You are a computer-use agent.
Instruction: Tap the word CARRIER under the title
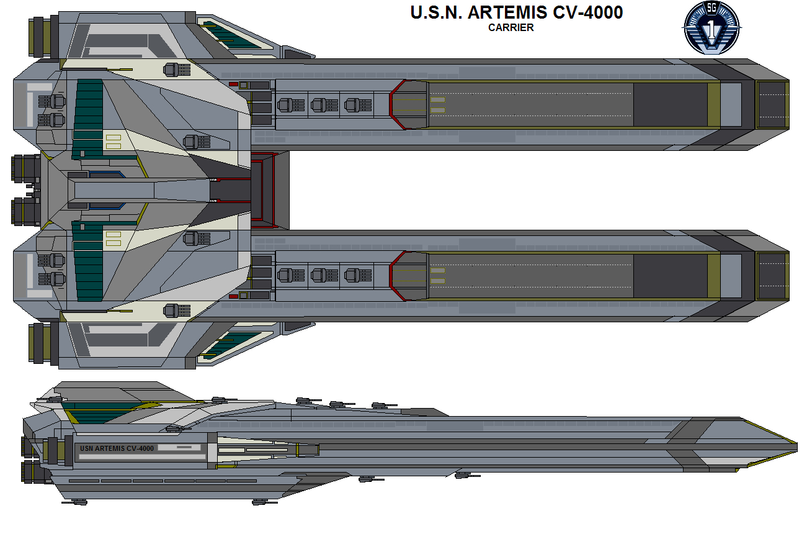pos(511,27)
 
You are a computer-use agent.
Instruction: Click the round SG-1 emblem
pos(711,28)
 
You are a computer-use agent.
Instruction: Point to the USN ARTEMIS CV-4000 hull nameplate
pos(117,448)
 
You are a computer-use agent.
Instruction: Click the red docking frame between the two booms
pos(263,189)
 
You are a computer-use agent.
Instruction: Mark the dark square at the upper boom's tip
pos(771,104)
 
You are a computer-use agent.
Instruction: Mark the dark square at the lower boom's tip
pos(771,275)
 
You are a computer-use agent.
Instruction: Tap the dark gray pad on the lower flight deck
pos(670,276)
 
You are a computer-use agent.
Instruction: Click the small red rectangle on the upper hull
pos(233,84)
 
